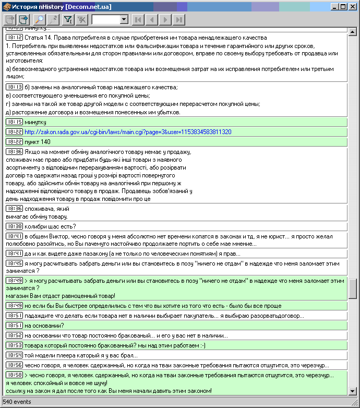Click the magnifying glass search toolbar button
40,20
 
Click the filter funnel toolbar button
68,20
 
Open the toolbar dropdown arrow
124,20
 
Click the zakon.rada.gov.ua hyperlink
127,132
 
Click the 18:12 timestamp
14,38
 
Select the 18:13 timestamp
14,87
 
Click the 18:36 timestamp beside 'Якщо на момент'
14,152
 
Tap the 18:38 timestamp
14,226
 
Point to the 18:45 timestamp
14,263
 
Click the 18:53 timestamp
14,345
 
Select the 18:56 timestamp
14,365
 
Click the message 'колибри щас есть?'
50,226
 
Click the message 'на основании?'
44,326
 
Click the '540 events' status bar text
17,402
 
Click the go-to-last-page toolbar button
179,20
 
